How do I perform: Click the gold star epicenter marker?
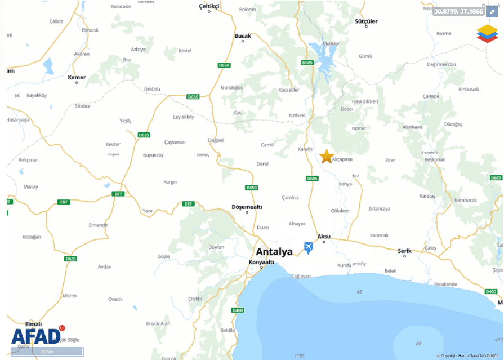click(x=327, y=157)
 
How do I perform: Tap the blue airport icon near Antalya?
click(x=308, y=247)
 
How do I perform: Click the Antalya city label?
click(x=274, y=251)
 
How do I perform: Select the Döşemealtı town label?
click(x=247, y=207)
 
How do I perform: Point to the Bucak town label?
click(x=243, y=36)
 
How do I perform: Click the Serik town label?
click(x=404, y=251)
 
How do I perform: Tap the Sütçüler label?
click(x=366, y=21)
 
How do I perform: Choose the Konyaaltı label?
click(x=261, y=262)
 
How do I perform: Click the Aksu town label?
click(x=324, y=236)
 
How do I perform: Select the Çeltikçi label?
click(x=209, y=6)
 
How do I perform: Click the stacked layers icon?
click(x=488, y=33)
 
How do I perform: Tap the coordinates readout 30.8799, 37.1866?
click(x=459, y=11)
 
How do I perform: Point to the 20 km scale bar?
click(x=47, y=352)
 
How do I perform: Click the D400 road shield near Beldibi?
click(x=238, y=310)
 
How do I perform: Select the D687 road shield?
click(x=496, y=177)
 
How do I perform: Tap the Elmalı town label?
click(x=34, y=324)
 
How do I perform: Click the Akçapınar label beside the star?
click(x=342, y=159)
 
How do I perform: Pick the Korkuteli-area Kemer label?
click(x=77, y=77)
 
